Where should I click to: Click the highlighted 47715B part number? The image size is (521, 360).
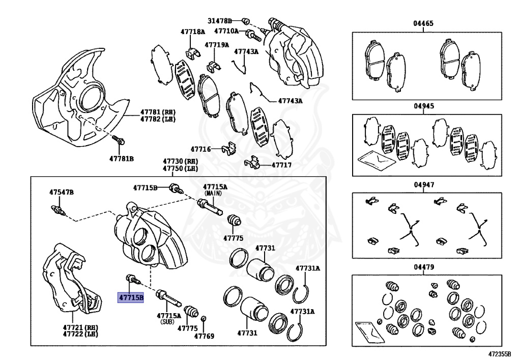(x=131, y=297)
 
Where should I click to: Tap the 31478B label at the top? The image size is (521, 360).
(x=219, y=21)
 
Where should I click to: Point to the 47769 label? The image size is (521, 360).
(x=204, y=336)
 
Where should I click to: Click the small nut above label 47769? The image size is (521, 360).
(x=204, y=319)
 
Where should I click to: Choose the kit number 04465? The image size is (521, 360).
(x=423, y=23)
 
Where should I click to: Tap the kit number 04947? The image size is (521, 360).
(x=423, y=185)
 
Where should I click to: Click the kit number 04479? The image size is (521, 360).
(x=423, y=267)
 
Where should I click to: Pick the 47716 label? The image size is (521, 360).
(x=200, y=149)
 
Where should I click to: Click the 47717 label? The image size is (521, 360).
(x=281, y=165)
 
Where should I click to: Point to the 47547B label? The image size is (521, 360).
(x=62, y=192)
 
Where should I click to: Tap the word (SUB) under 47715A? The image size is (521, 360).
(x=167, y=322)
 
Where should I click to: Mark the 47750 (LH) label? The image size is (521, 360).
(x=180, y=169)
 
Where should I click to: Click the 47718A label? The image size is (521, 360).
(x=192, y=32)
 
